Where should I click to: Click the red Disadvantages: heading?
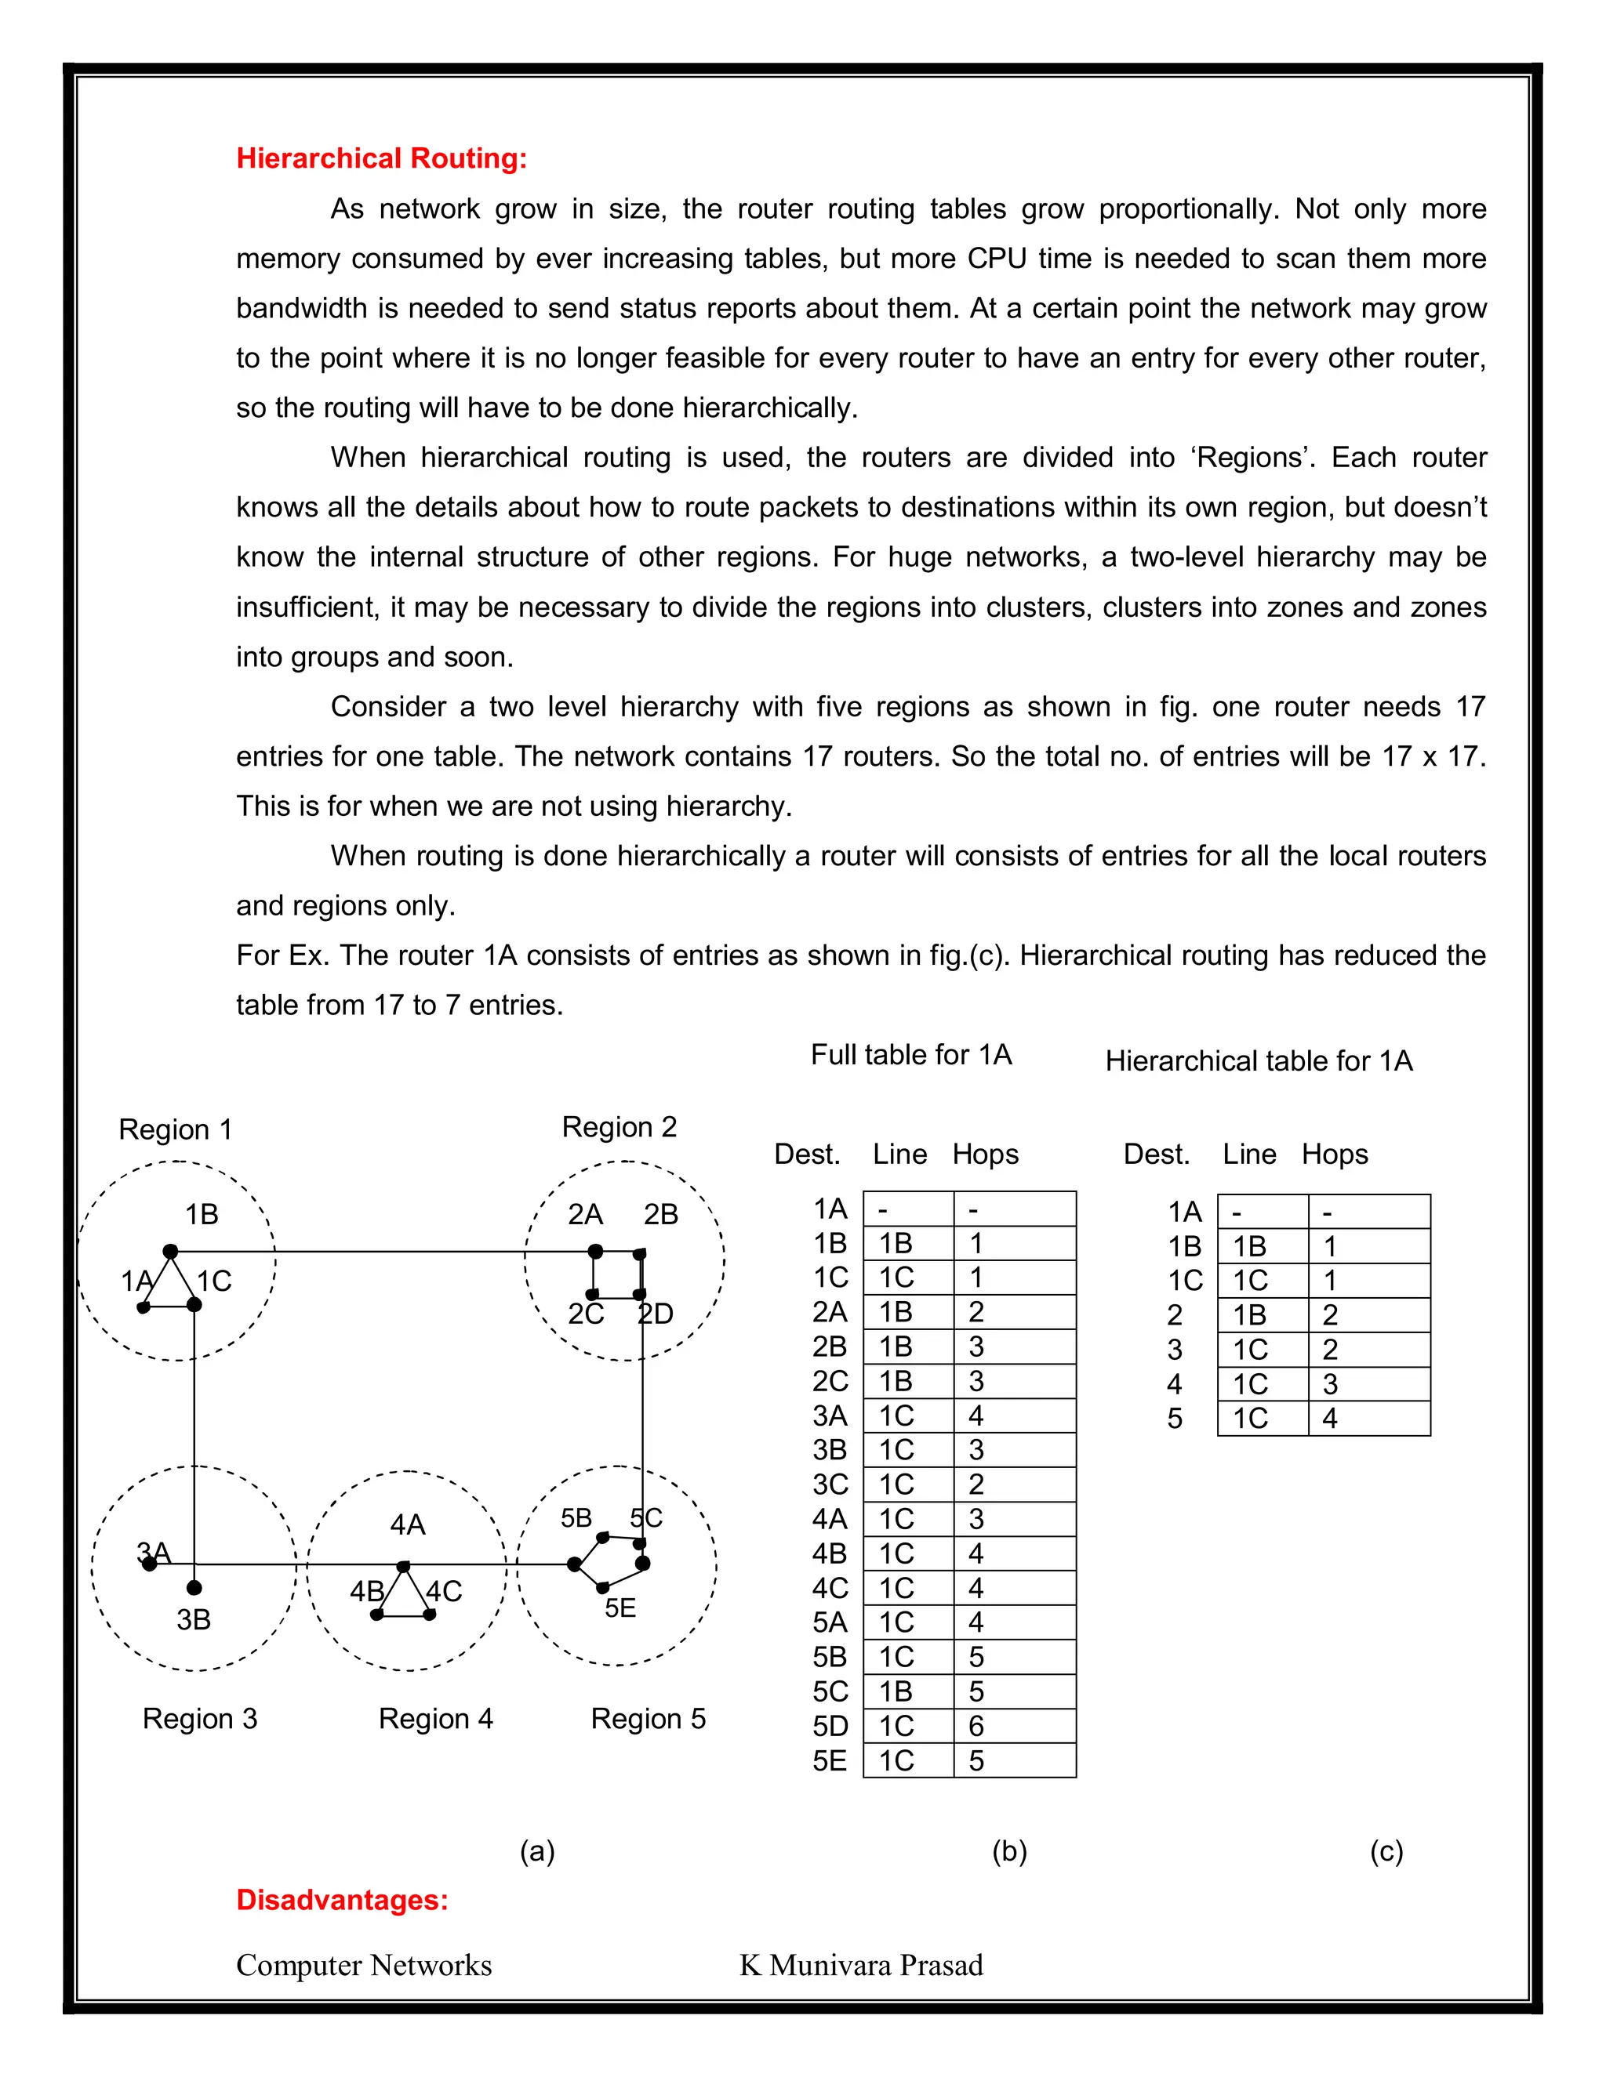342,1899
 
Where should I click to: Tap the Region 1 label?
175,1129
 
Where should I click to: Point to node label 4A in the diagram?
407,1524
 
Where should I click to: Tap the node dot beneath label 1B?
170,1251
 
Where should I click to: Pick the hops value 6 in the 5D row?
976,1725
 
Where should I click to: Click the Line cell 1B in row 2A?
896,1311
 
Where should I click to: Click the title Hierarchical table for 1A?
1258,1060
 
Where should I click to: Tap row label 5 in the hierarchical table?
1175,1418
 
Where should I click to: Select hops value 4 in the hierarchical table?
1329,1418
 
